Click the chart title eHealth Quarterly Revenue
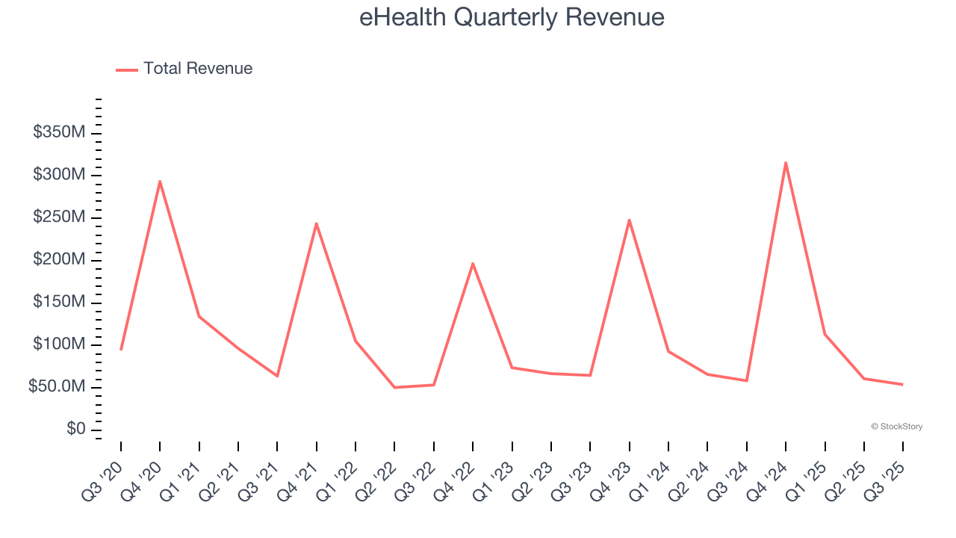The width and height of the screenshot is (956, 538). [512, 17]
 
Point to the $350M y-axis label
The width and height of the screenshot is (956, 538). [59, 133]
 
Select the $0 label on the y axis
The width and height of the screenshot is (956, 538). [75, 430]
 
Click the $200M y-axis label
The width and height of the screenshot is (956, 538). [59, 260]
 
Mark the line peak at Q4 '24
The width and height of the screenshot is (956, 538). [786, 162]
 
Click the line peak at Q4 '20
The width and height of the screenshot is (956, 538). [160, 181]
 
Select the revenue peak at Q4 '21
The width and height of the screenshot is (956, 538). [317, 223]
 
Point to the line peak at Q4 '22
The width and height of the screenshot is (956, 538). [473, 263]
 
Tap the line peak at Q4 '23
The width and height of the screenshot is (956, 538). [630, 220]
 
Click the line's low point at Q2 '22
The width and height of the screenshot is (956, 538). [394, 387]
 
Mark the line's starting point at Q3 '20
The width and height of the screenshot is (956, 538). [121, 350]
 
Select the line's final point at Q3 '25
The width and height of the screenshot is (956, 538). [903, 384]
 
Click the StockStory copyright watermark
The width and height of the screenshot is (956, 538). [896, 427]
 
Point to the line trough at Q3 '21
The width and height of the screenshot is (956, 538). [277, 376]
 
